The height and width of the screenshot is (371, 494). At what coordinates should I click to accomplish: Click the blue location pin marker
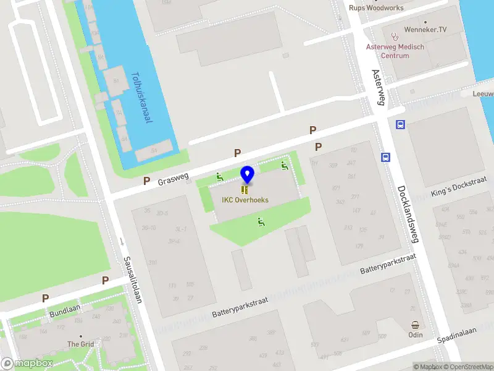pos(247,174)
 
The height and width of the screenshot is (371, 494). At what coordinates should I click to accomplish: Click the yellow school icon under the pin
pos(246,190)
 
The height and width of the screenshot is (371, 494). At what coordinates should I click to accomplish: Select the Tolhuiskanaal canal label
pos(141,98)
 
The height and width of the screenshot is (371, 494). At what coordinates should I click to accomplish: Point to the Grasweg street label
pos(172,179)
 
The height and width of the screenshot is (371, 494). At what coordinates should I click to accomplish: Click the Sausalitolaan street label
pos(133,279)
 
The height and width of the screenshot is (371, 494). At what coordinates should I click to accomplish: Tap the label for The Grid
pos(80,344)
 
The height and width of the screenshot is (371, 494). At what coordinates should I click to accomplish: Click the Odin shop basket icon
pos(416,325)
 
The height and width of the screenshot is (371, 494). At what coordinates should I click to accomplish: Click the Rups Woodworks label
pos(376,8)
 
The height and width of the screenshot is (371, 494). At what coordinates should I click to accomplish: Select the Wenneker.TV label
pos(425,29)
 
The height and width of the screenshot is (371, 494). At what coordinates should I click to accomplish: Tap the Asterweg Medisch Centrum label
pos(396,51)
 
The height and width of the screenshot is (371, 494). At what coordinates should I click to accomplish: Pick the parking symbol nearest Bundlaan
pos(45,298)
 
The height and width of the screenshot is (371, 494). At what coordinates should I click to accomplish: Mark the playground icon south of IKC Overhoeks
pos(261,222)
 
